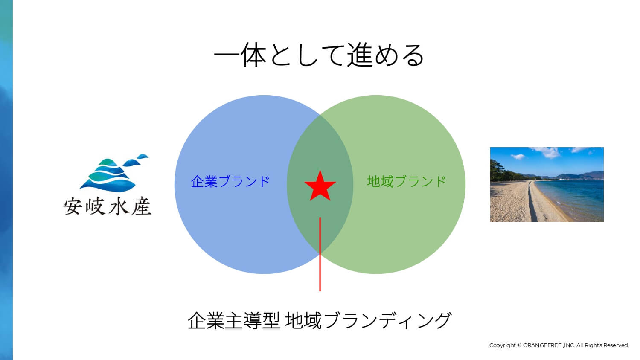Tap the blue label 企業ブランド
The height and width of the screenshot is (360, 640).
[230, 181]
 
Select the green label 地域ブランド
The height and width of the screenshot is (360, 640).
[407, 181]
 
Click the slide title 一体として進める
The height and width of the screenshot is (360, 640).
[319, 55]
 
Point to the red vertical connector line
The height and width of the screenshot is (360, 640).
[320, 254]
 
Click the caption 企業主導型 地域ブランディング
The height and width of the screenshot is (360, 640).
[320, 321]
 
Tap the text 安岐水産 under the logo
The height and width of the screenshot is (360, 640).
[108, 206]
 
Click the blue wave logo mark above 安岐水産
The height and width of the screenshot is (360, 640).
[114, 173]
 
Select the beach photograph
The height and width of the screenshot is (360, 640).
[547, 184]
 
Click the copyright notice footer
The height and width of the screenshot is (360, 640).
[559, 345]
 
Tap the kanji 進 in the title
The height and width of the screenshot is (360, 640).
[360, 55]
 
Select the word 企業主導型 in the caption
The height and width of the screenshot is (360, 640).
[234, 321]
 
